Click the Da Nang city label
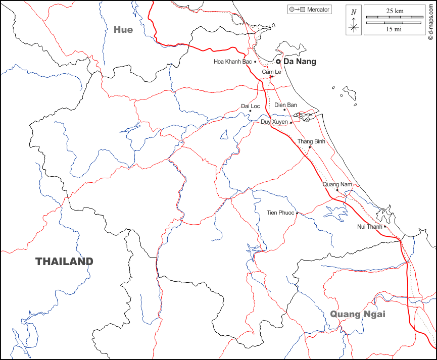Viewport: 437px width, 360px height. (300, 62)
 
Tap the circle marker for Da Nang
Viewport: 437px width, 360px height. (278, 62)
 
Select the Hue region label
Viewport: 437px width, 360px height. (123, 30)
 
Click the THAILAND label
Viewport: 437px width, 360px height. (64, 262)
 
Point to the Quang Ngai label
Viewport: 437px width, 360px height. (354, 314)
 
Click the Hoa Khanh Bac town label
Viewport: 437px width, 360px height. (232, 62)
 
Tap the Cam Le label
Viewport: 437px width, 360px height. (271, 72)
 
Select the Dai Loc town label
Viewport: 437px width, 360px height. (250, 106)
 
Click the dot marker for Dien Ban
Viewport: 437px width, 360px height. (284, 110)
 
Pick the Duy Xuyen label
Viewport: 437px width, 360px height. (274, 122)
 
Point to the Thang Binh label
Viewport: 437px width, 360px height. (311, 141)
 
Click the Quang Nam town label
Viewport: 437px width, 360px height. (337, 184)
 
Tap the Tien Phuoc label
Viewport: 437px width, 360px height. (280, 213)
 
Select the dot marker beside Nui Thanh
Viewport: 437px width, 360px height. (385, 227)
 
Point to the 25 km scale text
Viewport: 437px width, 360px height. (394, 11)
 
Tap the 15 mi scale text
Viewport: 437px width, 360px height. (394, 29)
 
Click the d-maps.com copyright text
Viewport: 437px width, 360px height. (430, 20)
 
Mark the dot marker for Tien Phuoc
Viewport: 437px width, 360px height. (298, 213)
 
